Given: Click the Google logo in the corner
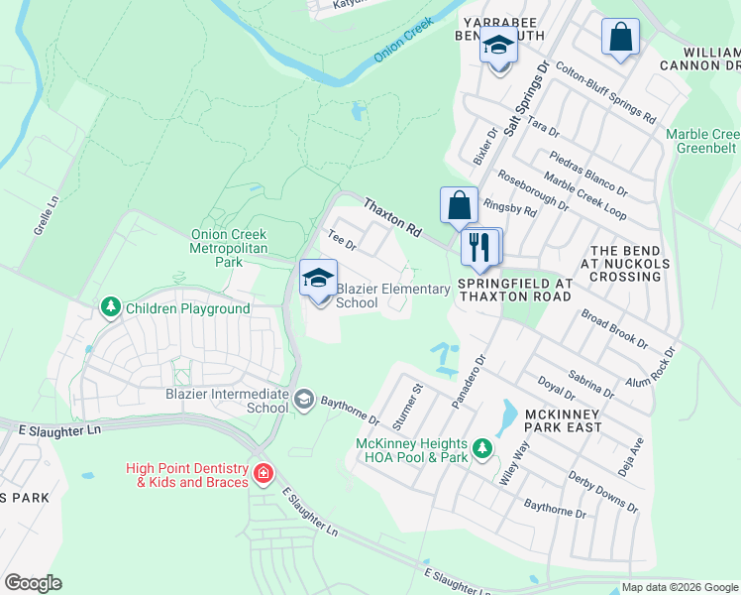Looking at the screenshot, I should tap(34, 583).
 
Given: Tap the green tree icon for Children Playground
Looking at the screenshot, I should tap(111, 309).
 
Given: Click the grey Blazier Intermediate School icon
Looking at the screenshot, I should tap(304, 400).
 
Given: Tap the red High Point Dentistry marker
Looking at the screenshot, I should tap(262, 473).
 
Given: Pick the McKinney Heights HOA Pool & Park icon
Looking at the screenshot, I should tap(482, 449).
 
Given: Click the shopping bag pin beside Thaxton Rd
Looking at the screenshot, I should tap(460, 206).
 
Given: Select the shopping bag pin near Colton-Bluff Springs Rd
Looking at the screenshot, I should tap(620, 39).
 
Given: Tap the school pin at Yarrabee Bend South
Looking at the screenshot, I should tap(499, 47).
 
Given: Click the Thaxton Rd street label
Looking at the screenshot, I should tap(392, 216).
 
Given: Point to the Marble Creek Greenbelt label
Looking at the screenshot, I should tap(701, 141).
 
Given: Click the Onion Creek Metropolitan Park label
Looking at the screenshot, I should tap(229, 248).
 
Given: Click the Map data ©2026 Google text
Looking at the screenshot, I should tap(679, 587).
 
